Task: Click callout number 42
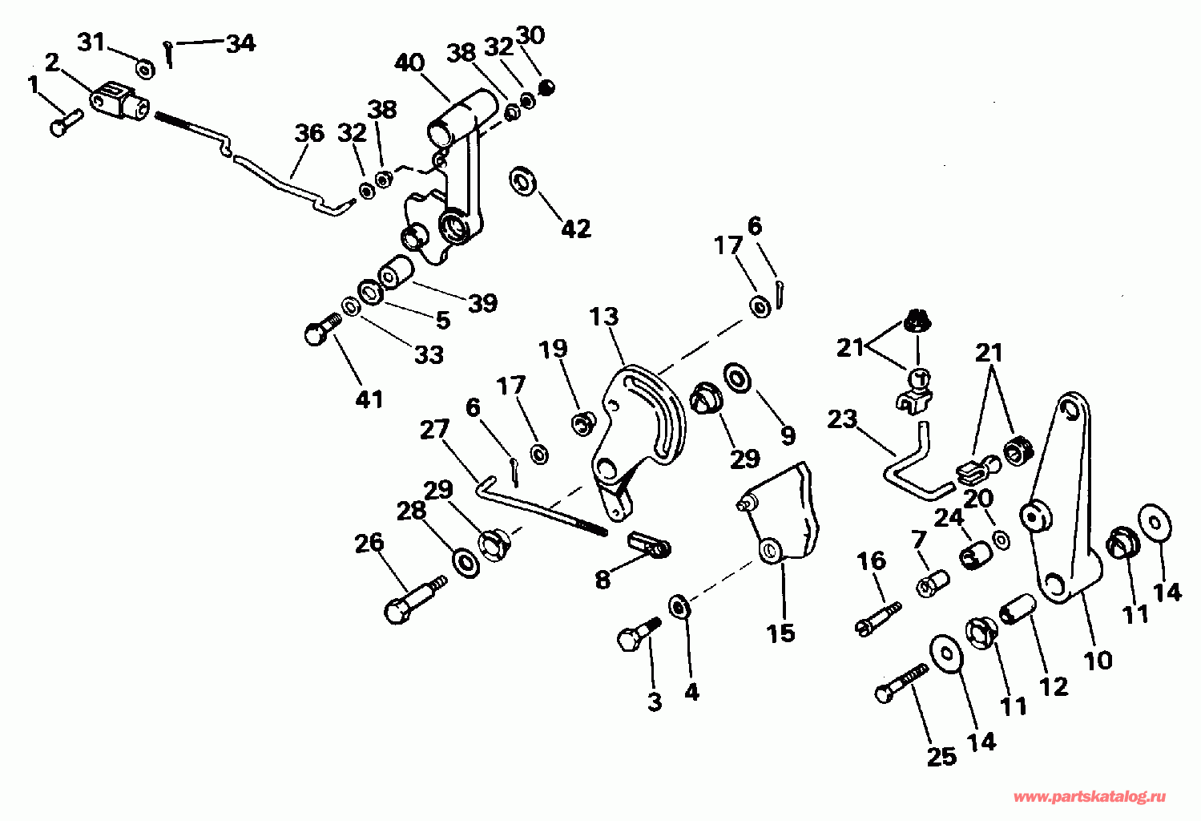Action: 576,229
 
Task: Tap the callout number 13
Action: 604,317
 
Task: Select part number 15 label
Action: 780,633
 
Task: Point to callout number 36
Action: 309,132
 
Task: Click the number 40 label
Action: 409,63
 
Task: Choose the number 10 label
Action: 1098,660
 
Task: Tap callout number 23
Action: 842,419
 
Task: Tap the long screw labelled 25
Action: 902,681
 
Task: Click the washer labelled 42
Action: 524,181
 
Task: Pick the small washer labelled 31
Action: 145,70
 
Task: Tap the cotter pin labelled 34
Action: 169,55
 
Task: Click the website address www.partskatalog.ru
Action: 1090,797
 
